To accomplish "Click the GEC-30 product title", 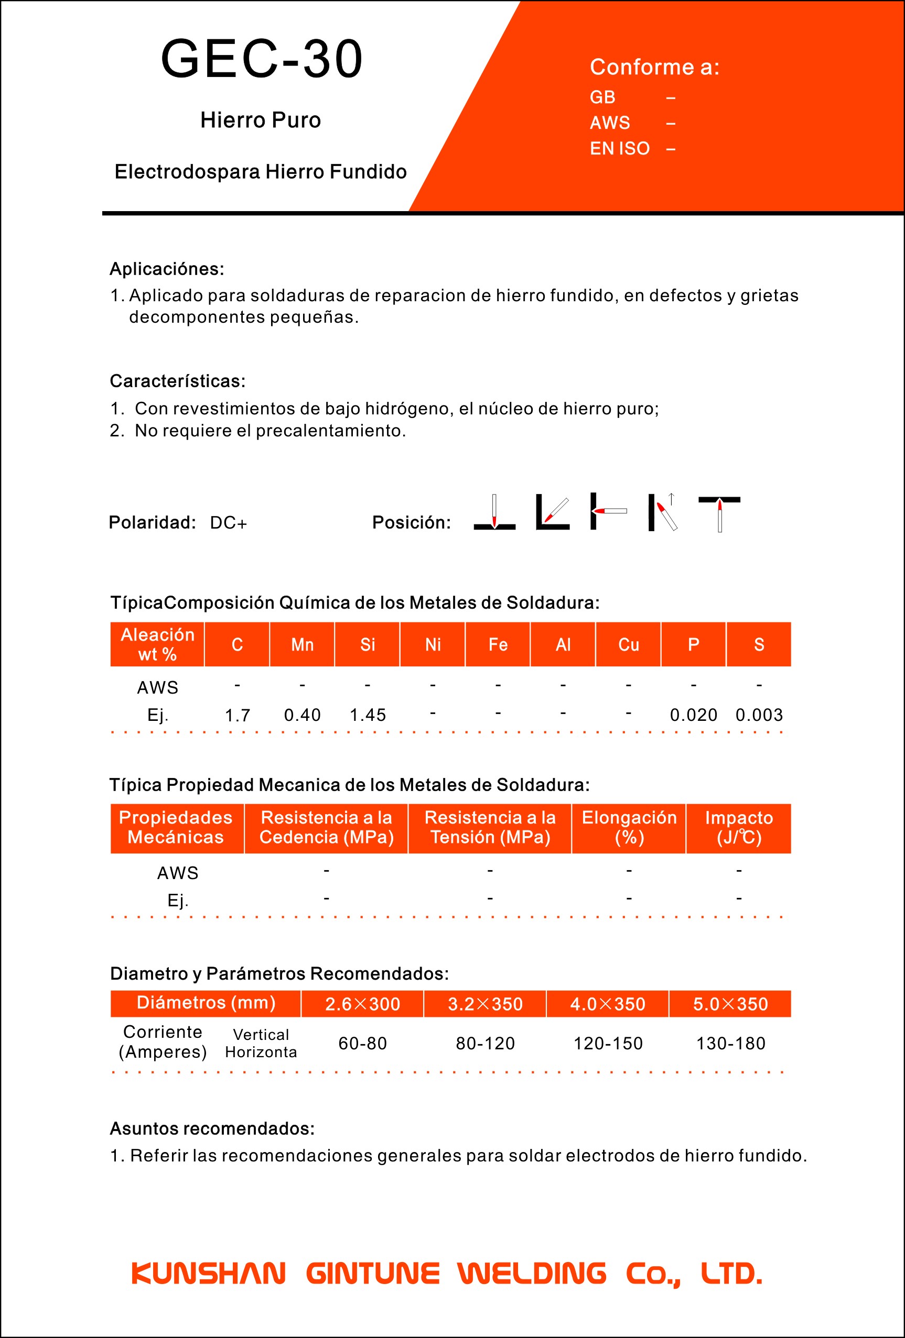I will pyautogui.click(x=262, y=59).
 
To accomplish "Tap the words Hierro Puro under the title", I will pyautogui.click(x=261, y=120).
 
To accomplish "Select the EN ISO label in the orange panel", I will pyautogui.click(x=619, y=149).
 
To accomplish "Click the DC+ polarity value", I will pyautogui.click(x=228, y=523).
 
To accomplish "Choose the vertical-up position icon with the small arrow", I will pyautogui.click(x=664, y=512).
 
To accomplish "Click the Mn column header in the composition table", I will pyautogui.click(x=303, y=644).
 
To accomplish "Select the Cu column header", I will pyautogui.click(x=629, y=644).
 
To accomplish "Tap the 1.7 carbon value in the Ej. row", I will pyautogui.click(x=238, y=715).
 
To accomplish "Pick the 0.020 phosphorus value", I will pyautogui.click(x=694, y=715).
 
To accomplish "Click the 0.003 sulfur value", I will pyautogui.click(x=759, y=715).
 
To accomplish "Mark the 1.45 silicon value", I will pyautogui.click(x=368, y=715).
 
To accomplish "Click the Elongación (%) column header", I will pyautogui.click(x=629, y=827).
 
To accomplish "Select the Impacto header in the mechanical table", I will pyautogui.click(x=739, y=827).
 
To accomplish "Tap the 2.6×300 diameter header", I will pyautogui.click(x=362, y=1004).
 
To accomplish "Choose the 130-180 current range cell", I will pyautogui.click(x=730, y=1043).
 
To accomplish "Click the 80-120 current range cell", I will pyautogui.click(x=485, y=1043).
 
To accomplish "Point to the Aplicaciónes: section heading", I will pyautogui.click(x=167, y=269).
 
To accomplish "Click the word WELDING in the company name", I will pyautogui.click(x=532, y=1274).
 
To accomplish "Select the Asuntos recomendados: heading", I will pyautogui.click(x=212, y=1128).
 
